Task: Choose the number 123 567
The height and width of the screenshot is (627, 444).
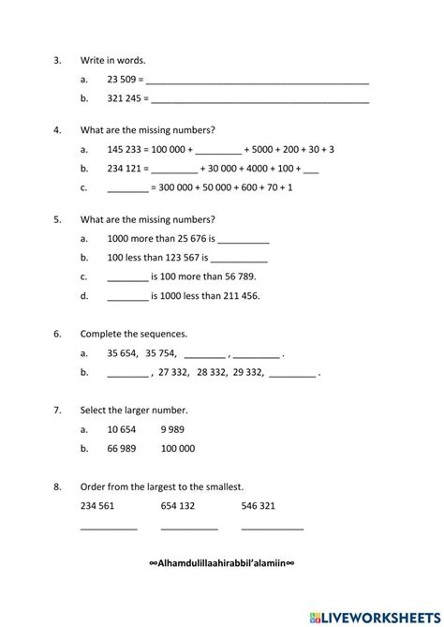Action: (x=183, y=257)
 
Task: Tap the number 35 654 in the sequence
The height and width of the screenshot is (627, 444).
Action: (x=123, y=353)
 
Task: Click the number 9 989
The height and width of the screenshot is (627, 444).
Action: (x=172, y=428)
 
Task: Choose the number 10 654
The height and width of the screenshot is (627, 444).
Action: (x=123, y=428)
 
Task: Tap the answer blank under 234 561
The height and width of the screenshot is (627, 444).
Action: (x=109, y=529)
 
